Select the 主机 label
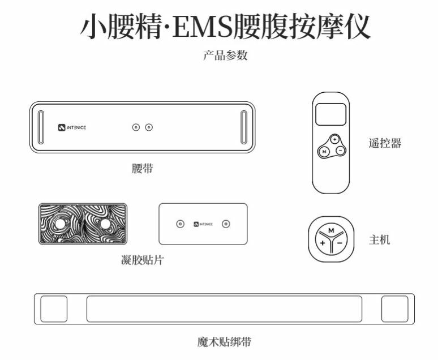click(x=380, y=239)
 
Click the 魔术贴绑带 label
click(x=225, y=341)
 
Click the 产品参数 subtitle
click(x=225, y=55)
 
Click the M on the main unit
click(x=331, y=230)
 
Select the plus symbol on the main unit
click(x=322, y=243)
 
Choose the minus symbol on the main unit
click(x=340, y=243)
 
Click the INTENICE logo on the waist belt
click(x=72, y=127)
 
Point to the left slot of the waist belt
click(x=41, y=127)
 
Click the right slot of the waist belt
click(x=243, y=127)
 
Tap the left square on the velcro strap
click(x=54, y=308)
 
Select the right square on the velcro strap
click(x=394, y=308)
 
